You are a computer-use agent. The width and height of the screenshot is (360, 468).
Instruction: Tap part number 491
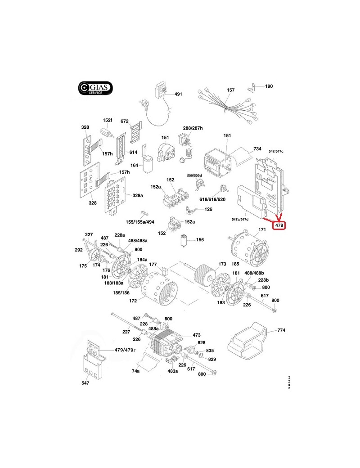click(178, 94)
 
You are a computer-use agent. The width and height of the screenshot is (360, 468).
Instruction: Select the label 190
click(269, 86)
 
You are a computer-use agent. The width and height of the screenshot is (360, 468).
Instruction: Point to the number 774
click(281, 330)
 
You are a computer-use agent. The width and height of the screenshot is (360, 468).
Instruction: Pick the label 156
click(199, 239)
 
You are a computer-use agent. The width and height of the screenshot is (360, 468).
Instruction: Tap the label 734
click(257, 148)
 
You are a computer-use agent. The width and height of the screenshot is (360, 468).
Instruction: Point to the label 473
click(196, 335)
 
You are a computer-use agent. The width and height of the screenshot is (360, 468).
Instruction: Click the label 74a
click(135, 372)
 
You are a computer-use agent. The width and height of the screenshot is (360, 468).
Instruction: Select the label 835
click(210, 350)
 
